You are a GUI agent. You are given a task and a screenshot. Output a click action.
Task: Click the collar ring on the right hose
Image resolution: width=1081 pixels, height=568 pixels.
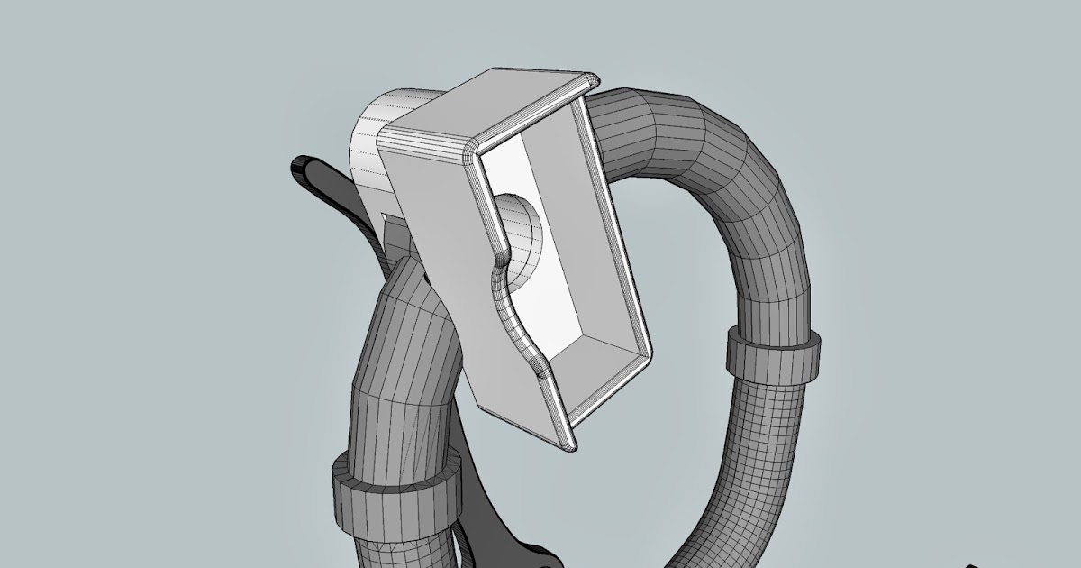pos(774,353)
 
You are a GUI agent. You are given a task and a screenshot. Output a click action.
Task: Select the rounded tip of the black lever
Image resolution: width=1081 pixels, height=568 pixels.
pos(302,167)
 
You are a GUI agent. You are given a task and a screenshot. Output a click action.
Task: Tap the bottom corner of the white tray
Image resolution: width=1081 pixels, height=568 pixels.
pos(566,445)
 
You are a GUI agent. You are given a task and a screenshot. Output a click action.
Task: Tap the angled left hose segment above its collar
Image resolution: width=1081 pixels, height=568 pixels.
pos(396,361)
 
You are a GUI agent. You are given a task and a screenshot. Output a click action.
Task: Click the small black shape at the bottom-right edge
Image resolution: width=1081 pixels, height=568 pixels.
pos(977,563)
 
